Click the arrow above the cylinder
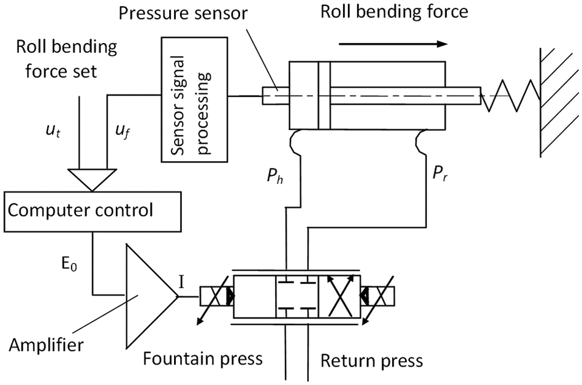[393, 44]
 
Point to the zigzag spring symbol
[510, 96]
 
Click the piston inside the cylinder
[324, 95]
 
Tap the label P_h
[275, 175]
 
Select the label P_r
[440, 173]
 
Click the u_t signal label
[53, 131]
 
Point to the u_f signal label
[123, 131]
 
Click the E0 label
[69, 264]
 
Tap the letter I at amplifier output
[181, 282]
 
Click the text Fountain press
[203, 359]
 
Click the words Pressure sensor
[183, 13]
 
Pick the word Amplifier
[47, 345]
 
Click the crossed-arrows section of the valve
[339, 296]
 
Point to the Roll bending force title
[394, 12]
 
